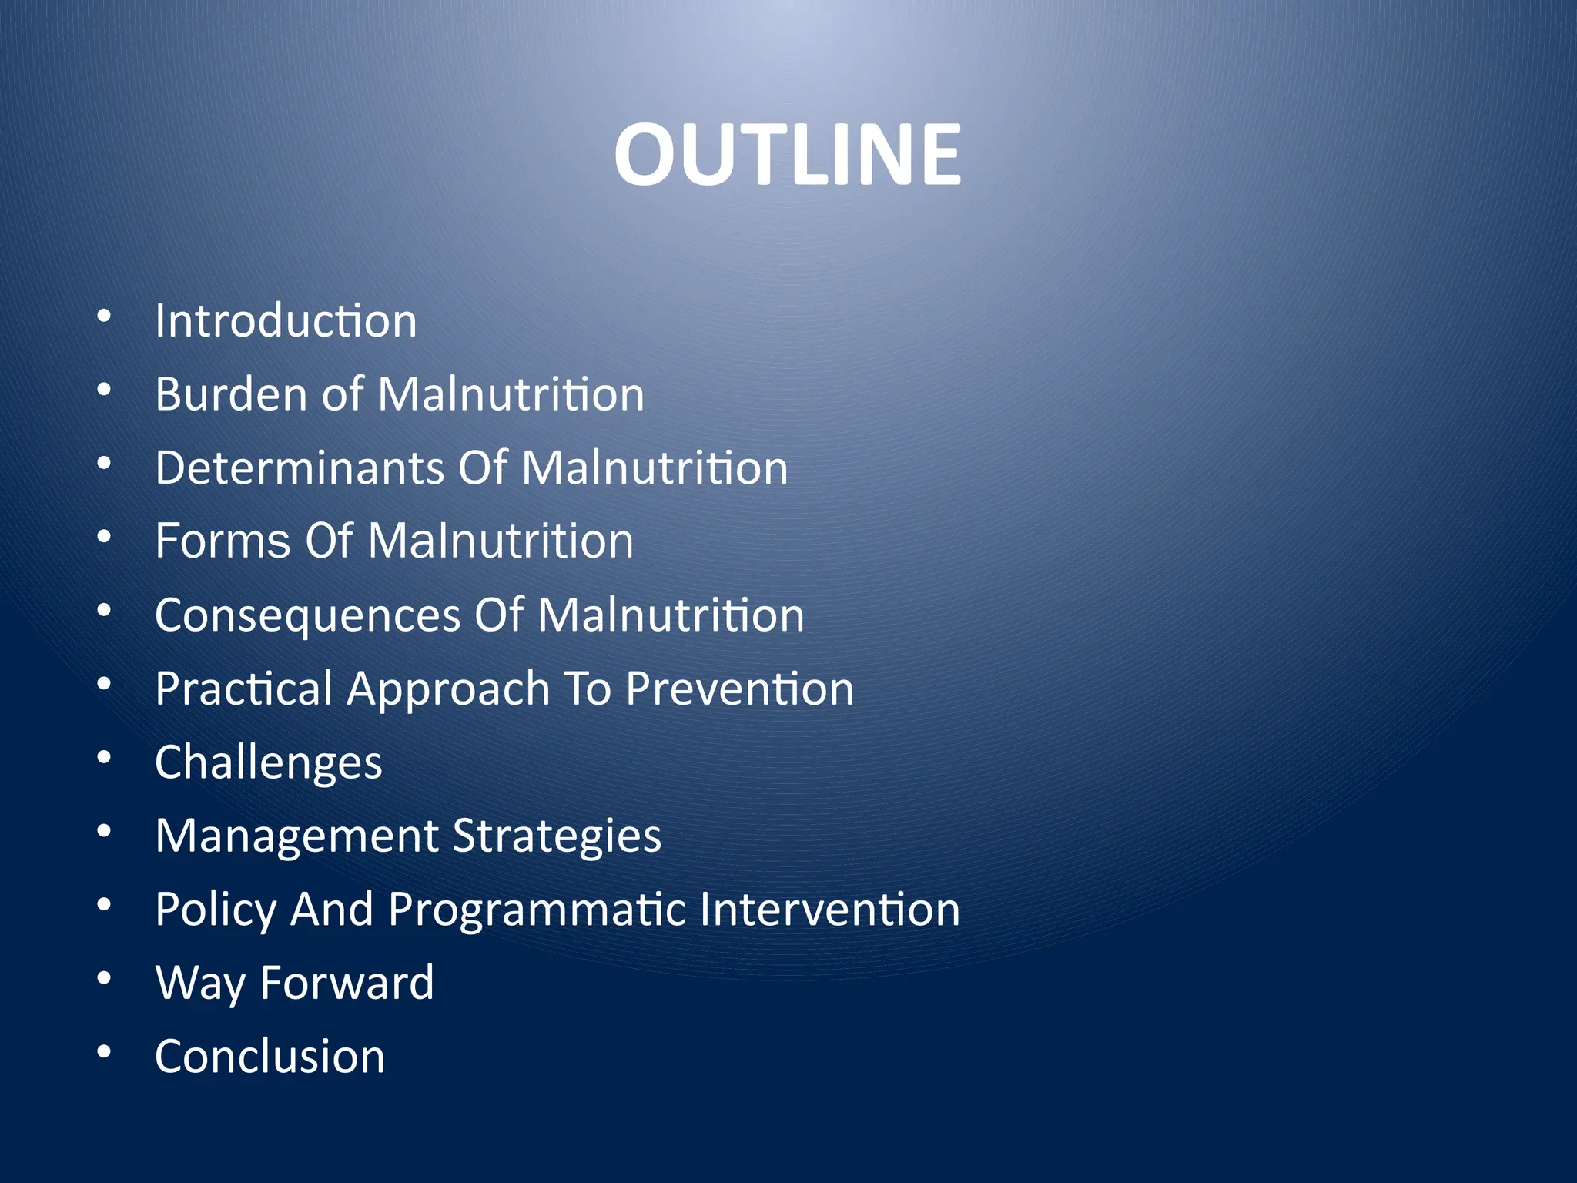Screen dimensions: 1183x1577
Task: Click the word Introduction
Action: (286, 320)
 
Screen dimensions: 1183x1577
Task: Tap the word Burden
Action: (231, 394)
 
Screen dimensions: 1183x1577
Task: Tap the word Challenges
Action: (268, 762)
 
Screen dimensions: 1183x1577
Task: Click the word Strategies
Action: (557, 836)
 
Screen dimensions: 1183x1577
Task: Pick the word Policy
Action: (215, 910)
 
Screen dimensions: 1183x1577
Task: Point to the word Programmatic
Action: (537, 910)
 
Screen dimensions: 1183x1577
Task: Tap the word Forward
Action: (347, 983)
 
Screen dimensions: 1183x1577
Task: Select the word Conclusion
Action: (270, 1056)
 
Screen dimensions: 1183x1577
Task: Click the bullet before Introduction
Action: (104, 317)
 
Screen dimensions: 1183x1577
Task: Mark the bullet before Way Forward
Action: (104, 978)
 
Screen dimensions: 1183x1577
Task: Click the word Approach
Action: (447, 689)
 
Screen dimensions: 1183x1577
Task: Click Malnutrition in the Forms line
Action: (501, 541)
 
